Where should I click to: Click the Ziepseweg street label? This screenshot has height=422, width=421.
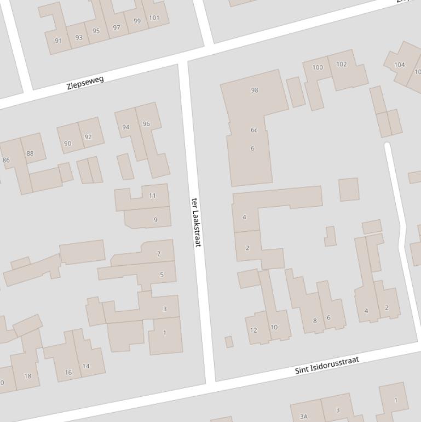click(85, 83)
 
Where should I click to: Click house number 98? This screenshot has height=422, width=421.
click(254, 90)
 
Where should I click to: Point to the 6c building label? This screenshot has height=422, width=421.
click(253, 130)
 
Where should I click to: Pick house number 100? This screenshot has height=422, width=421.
click(318, 67)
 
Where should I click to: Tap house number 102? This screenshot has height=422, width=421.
click(341, 64)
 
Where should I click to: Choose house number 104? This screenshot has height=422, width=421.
click(400, 65)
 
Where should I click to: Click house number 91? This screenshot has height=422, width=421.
click(59, 41)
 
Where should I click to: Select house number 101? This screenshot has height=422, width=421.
click(154, 18)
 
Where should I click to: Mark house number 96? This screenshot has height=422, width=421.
click(146, 124)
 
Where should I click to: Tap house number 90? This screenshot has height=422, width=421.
click(68, 144)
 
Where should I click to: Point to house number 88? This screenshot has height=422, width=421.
click(30, 153)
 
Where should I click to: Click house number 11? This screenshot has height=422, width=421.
click(152, 196)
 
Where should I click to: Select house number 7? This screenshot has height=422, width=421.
click(159, 254)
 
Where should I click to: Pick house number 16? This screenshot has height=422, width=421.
click(68, 372)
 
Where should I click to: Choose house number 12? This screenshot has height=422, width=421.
click(253, 330)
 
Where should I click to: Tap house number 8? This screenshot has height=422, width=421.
click(315, 321)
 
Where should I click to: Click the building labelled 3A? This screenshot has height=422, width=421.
click(304, 417)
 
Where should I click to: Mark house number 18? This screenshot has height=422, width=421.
click(28, 376)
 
